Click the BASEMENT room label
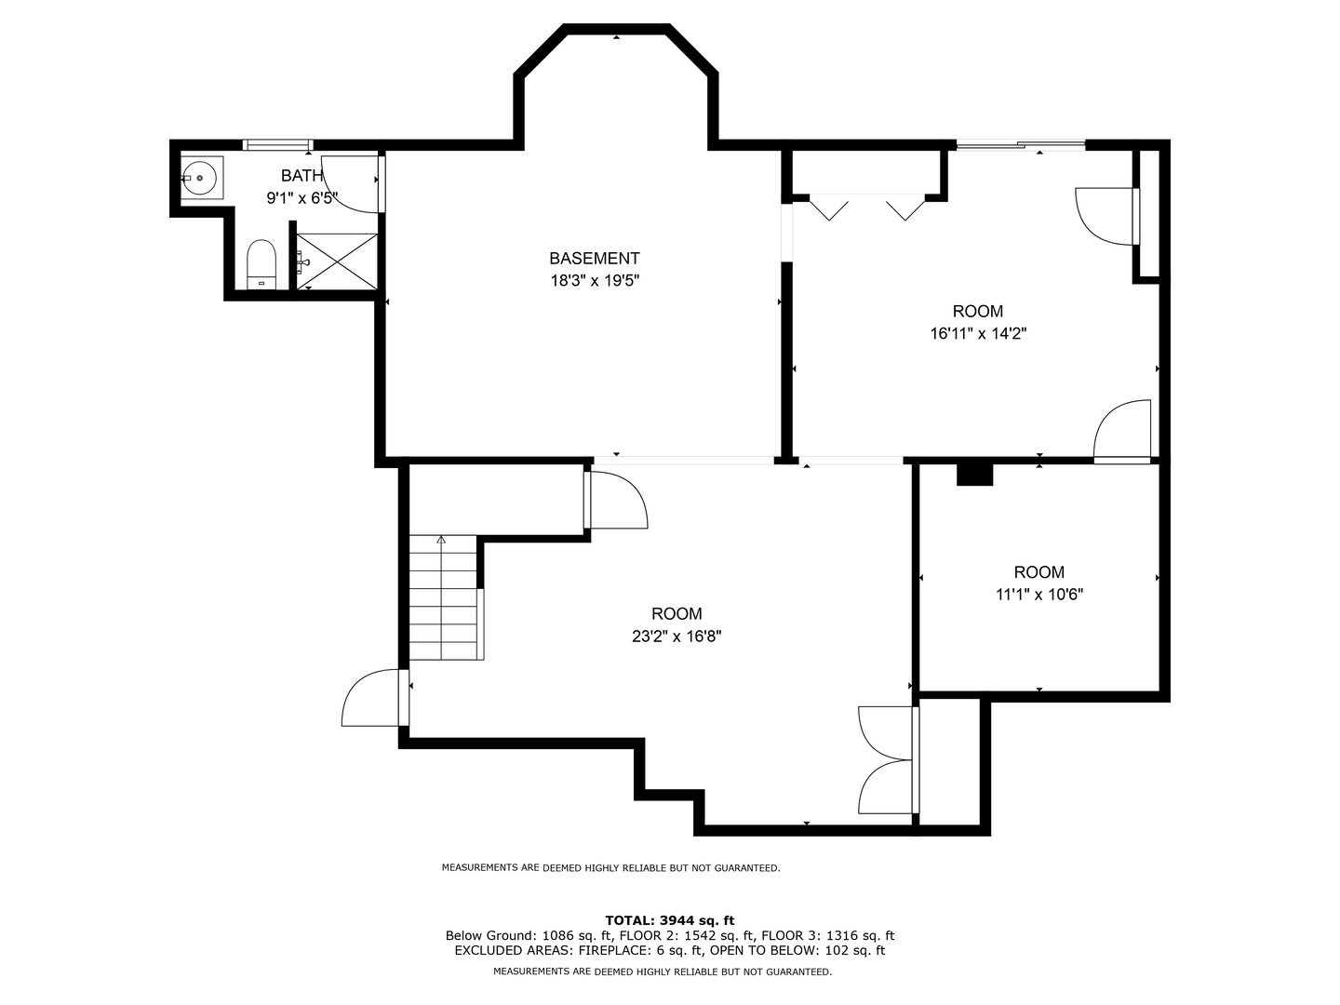click(594, 259)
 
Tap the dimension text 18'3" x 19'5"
click(595, 281)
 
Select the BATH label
click(301, 176)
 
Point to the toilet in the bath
click(261, 264)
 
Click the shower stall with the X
click(337, 261)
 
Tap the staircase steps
click(443, 598)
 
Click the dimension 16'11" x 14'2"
click(978, 334)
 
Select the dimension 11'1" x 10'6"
click(1039, 595)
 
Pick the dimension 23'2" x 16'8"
click(677, 636)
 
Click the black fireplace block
click(974, 475)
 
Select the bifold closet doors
click(867, 208)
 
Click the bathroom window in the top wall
click(277, 144)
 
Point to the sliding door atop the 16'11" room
click(1020, 144)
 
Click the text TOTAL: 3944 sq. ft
click(670, 920)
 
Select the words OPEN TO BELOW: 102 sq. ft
click(797, 950)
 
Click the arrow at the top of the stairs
click(441, 540)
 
